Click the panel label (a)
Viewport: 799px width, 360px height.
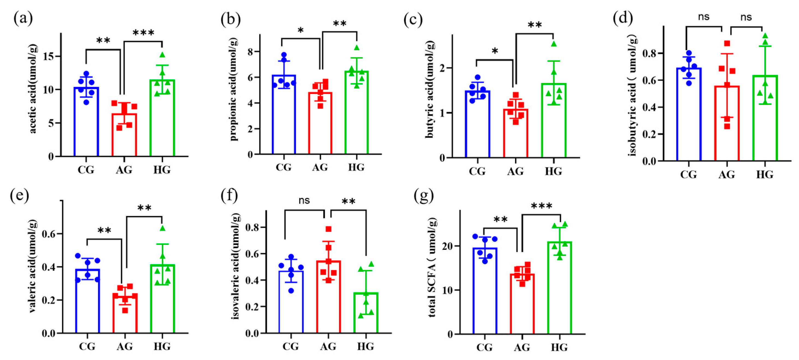(23, 18)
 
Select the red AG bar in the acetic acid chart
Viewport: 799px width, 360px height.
(124, 137)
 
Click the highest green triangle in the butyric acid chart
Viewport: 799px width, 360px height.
(554, 44)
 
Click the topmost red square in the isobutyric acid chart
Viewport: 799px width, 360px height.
(727, 43)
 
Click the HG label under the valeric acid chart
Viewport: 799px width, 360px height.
(162, 346)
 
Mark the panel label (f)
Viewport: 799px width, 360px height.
(229, 196)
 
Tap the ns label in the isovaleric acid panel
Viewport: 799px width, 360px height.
(304, 200)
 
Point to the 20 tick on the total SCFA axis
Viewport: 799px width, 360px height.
(454, 246)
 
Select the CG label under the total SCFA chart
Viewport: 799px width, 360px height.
(484, 347)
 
